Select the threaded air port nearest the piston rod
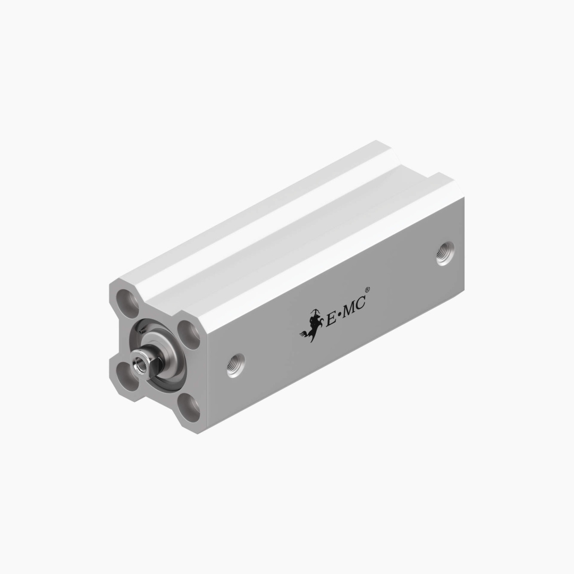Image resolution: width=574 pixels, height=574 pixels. click(235, 365)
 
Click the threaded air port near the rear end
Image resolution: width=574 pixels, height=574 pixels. click(445, 253)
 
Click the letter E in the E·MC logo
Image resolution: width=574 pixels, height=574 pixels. click(331, 318)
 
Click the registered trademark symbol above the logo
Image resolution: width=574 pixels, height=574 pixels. click(368, 290)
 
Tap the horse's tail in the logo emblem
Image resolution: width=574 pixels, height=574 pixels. click(304, 334)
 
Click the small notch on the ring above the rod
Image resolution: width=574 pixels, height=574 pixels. click(143, 331)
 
